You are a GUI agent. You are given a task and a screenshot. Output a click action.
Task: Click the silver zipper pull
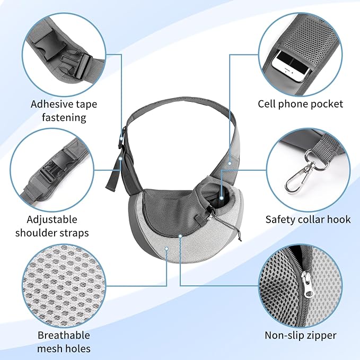click(x=307, y=284)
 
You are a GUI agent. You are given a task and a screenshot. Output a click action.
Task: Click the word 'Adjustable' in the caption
click(x=52, y=219)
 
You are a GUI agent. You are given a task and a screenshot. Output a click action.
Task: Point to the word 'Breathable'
click(x=64, y=335)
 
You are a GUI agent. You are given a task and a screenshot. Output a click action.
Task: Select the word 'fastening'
click(x=64, y=118)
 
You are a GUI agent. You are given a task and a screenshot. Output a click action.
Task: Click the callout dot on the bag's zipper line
click(x=180, y=235)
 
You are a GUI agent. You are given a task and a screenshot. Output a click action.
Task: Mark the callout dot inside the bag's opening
click(x=221, y=198)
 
